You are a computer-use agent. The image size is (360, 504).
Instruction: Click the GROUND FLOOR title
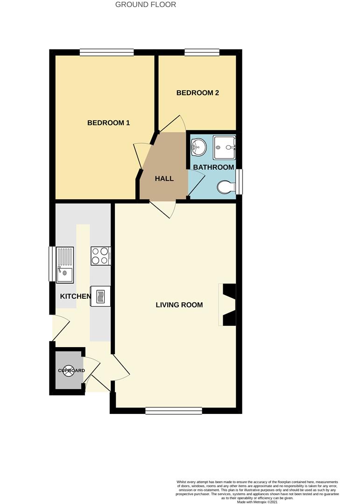click(146, 5)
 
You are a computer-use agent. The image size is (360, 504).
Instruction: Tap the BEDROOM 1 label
click(108, 123)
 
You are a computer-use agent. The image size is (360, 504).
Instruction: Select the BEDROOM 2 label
click(198, 93)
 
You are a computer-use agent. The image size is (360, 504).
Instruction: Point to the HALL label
click(164, 178)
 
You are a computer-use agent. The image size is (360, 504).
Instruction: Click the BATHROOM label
click(213, 167)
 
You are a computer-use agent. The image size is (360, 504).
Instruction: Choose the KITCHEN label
click(75, 296)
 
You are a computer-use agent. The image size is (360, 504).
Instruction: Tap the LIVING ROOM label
click(179, 305)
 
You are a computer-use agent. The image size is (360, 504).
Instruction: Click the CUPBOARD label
click(71, 371)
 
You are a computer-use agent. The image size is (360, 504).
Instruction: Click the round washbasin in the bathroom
click(199, 147)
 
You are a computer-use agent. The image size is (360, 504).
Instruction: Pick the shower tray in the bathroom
click(224, 147)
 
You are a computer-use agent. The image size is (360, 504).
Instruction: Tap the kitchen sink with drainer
click(65, 265)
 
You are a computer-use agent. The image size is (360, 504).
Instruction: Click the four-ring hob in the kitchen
click(101, 256)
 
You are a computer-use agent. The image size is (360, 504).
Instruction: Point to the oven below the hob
click(101, 296)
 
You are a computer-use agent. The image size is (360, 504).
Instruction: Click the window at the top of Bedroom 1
click(106, 52)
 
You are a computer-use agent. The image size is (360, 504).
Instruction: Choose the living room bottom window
click(174, 411)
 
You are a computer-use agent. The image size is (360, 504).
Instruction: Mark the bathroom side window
click(239, 182)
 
